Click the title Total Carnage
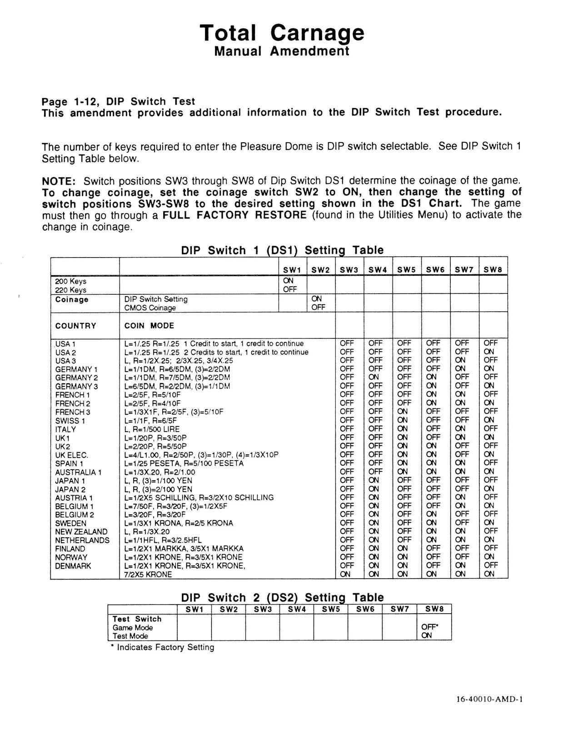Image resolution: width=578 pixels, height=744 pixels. [x=282, y=33]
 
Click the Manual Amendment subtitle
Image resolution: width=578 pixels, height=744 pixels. [x=282, y=51]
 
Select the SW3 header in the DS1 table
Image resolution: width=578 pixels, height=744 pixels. [x=349, y=270]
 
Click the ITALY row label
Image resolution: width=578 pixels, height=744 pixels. [x=65, y=429]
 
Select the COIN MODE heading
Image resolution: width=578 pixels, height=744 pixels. [x=149, y=326]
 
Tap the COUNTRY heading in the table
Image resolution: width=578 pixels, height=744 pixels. [x=75, y=326]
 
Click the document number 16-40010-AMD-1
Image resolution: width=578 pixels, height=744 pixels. [x=490, y=700]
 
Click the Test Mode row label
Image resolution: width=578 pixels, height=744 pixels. [x=130, y=636]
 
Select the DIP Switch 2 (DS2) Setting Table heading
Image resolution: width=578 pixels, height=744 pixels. [x=282, y=597]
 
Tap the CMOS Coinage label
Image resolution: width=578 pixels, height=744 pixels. [x=150, y=308]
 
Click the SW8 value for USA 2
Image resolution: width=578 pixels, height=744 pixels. [x=490, y=352]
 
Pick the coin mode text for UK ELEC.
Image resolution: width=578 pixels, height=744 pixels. [x=201, y=455]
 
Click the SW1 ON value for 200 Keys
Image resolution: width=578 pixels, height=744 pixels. [x=288, y=281]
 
